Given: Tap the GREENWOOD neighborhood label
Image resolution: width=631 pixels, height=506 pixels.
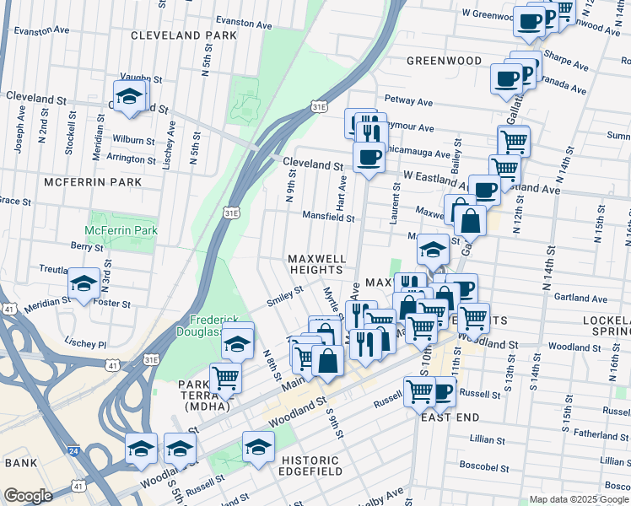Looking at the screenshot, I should point(444,61).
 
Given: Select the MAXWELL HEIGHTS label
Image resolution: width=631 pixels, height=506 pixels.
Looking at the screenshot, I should point(316,263).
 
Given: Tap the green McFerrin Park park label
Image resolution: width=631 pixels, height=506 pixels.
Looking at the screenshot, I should point(121,230).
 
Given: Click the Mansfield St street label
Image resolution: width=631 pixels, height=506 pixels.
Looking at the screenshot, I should point(328,217).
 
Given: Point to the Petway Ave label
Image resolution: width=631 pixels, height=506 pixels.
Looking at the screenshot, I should point(407,102).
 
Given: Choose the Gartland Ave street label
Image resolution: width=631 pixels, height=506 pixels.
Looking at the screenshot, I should point(580,299).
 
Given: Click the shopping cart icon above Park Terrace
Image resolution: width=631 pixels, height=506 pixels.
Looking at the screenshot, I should point(225,377).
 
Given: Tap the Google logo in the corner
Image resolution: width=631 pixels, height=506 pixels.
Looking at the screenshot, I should point(27,496).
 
